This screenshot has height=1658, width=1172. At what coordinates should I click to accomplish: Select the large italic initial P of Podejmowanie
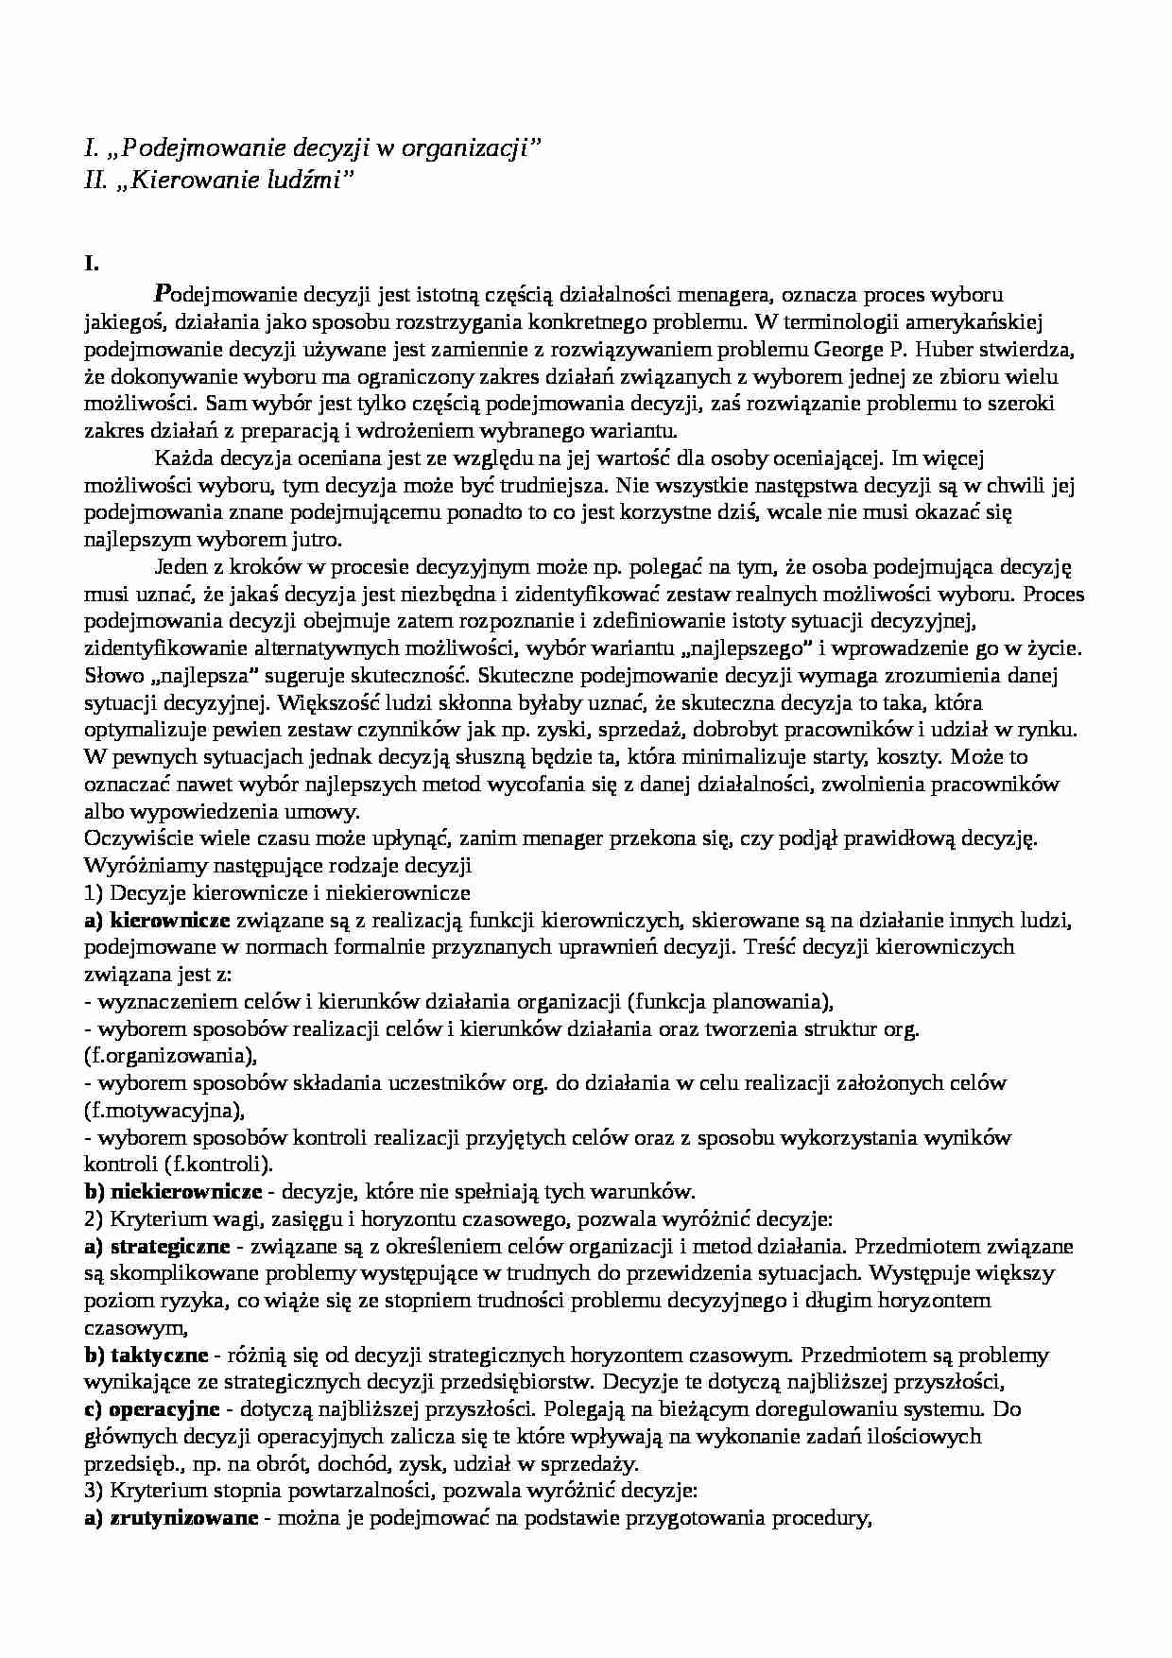[x=161, y=293]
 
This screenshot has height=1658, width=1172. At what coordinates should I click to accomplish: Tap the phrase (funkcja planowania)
[x=729, y=1001]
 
